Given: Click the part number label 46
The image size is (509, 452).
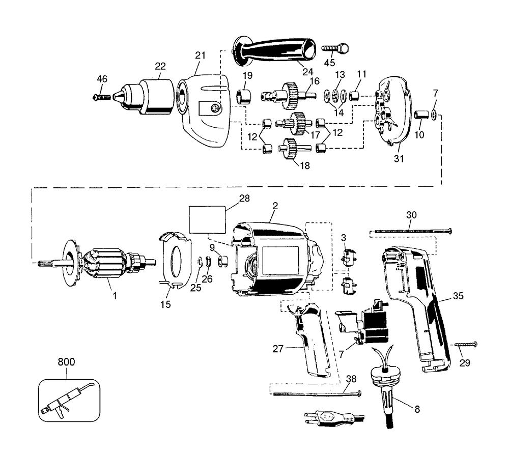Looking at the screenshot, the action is click(102, 79).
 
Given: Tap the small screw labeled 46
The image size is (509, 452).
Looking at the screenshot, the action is click(101, 97).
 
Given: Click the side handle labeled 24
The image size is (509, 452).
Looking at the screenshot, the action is click(274, 52).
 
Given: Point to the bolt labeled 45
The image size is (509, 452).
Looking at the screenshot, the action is click(335, 48).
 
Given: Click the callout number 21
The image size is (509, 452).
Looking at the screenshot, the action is click(200, 55).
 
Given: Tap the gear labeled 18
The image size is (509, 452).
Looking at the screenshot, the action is click(294, 148).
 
